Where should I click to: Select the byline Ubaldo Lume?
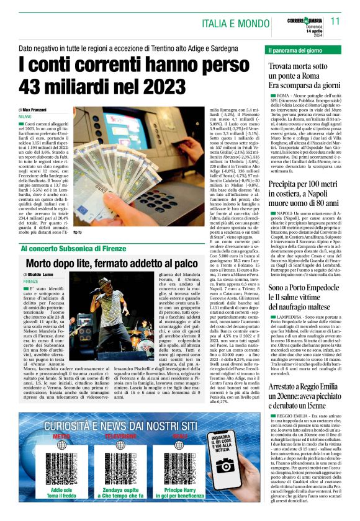click(x=40, y=274)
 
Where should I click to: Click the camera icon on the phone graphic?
click(x=225, y=466)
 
